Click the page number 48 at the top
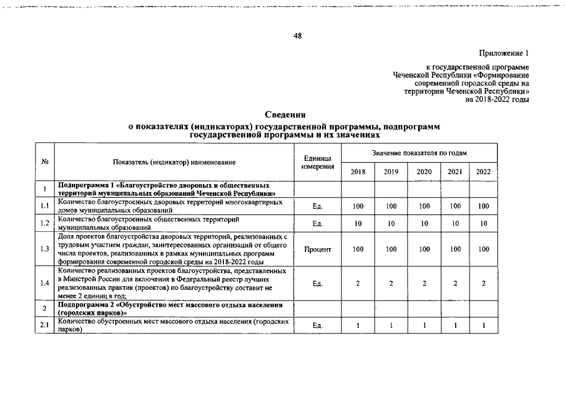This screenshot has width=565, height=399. point(298,36)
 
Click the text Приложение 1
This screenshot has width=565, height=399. point(503,53)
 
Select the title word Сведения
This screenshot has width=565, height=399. point(285,115)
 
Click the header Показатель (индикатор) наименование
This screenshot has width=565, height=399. point(174,162)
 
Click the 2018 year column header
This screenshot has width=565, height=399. point(358,172)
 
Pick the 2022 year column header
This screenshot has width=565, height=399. point(483,172)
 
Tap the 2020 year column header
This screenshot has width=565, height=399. point(424,172)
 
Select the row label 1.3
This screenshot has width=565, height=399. point(45,249)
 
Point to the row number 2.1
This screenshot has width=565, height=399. point(45,325)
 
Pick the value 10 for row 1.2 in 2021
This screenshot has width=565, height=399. point(455,223)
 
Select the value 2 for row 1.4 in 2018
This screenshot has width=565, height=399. point(358,284)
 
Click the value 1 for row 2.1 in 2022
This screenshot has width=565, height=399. point(483,325)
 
